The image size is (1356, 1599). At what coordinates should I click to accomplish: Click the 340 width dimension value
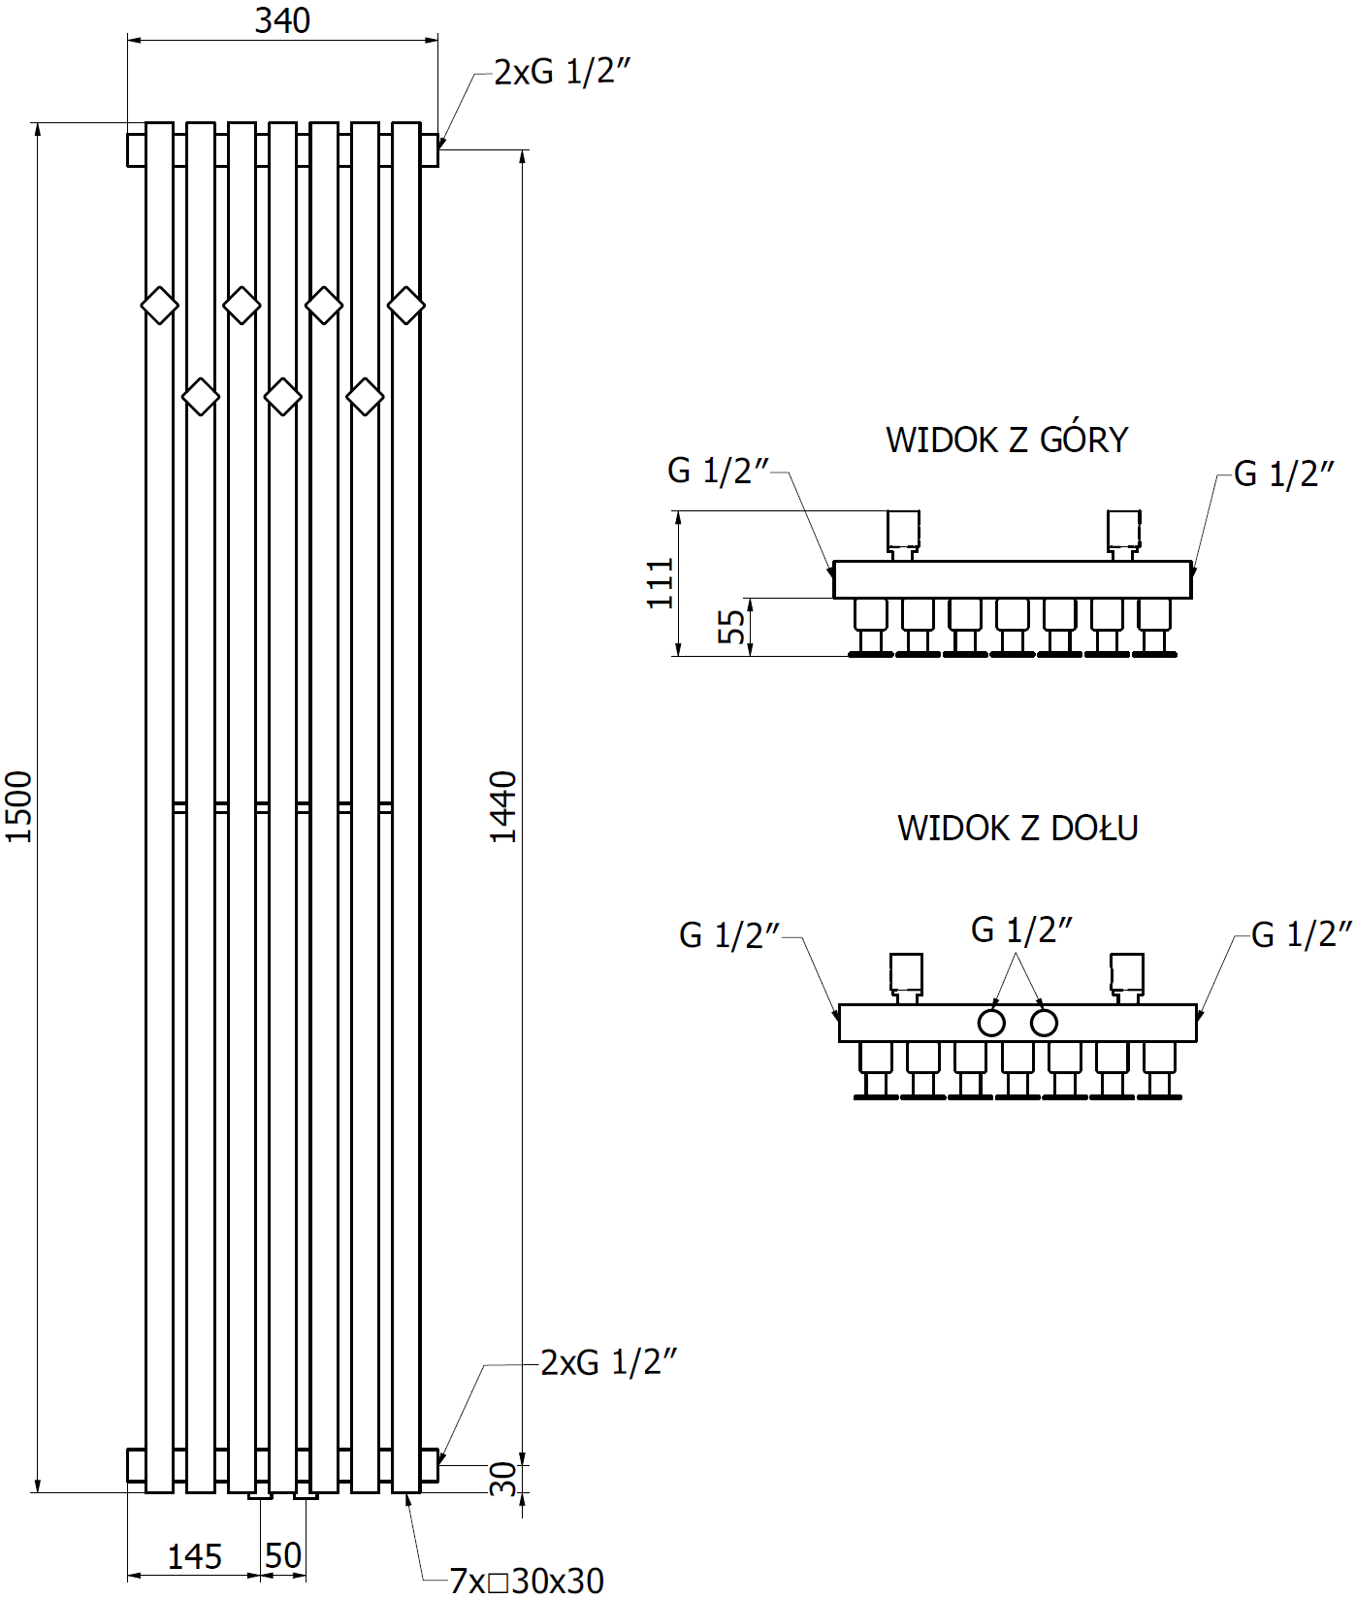[x=282, y=20]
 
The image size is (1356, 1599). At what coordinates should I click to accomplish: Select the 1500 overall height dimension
[x=18, y=806]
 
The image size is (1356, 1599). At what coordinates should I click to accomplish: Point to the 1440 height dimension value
[x=502, y=806]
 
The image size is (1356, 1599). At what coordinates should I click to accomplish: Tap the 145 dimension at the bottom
[x=194, y=1557]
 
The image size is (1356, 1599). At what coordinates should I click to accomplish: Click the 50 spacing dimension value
[x=283, y=1556]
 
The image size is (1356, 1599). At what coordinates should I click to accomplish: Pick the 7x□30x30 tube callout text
[x=527, y=1581]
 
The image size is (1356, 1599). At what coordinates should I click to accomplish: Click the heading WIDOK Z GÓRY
[x=1007, y=440]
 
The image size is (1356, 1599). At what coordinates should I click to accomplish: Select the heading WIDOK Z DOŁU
[x=1017, y=828]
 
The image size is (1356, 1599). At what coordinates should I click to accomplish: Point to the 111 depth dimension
[x=661, y=583]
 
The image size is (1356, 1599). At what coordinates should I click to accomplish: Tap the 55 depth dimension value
[x=732, y=626]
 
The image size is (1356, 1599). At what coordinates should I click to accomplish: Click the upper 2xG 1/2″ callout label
[x=563, y=72]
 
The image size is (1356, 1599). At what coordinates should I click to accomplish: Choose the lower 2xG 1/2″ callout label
[x=608, y=1362]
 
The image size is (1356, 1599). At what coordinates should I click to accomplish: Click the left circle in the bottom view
[x=991, y=1023]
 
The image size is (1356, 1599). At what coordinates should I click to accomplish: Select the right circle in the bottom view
[x=1044, y=1023]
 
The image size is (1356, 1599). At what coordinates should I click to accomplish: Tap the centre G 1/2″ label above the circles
[x=1021, y=930]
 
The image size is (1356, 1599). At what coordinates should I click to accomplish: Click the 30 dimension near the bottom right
[x=503, y=1479]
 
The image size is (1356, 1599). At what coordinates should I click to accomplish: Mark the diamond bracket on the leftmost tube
[x=160, y=306]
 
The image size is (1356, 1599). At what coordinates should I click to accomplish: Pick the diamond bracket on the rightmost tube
[x=406, y=306]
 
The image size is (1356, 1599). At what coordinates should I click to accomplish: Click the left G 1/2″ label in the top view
[x=718, y=471]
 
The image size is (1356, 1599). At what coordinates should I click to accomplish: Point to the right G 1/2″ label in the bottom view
[x=1302, y=934]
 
